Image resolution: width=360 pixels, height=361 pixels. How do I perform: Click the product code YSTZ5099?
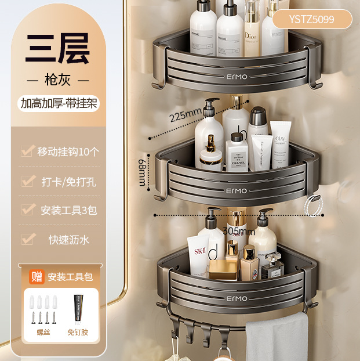[x=311, y=20]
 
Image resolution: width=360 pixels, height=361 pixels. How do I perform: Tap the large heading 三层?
[x=57, y=50]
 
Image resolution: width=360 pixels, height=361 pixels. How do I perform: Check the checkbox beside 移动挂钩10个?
[x=27, y=151]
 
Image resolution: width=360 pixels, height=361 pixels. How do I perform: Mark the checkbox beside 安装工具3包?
[x=27, y=210]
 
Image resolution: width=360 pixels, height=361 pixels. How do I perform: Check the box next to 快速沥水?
[x=27, y=239]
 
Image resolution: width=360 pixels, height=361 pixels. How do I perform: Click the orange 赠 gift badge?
[x=37, y=276]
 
